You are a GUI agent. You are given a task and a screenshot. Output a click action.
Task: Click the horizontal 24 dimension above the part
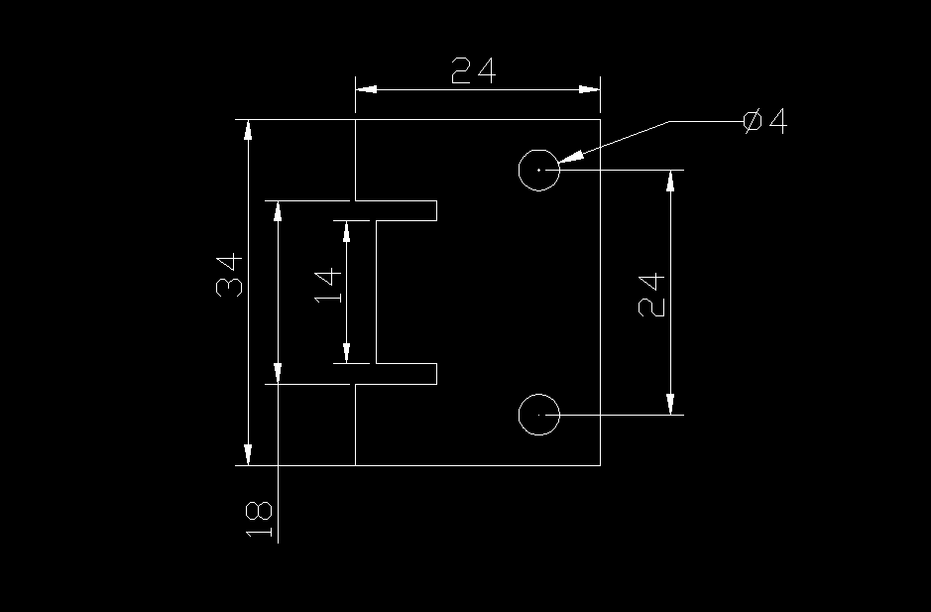tap(473, 71)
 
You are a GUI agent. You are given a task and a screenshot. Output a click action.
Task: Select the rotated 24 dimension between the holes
tap(651, 295)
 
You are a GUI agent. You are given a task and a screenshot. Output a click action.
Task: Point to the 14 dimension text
tap(328, 285)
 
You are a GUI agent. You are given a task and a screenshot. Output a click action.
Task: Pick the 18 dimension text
tap(258, 519)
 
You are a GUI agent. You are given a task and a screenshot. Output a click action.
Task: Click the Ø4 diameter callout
tap(764, 122)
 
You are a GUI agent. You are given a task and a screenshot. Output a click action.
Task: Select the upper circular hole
tap(539, 170)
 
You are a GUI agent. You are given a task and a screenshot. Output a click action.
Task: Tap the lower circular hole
tap(539, 414)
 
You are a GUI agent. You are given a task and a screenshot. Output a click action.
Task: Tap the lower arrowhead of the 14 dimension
tap(346, 351)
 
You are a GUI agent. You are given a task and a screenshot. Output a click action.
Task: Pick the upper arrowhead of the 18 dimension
tap(279, 212)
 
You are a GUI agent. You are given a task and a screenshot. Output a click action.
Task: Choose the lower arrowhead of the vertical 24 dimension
tap(671, 403)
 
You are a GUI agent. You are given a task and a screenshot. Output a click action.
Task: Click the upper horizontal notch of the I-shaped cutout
tap(407, 210)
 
